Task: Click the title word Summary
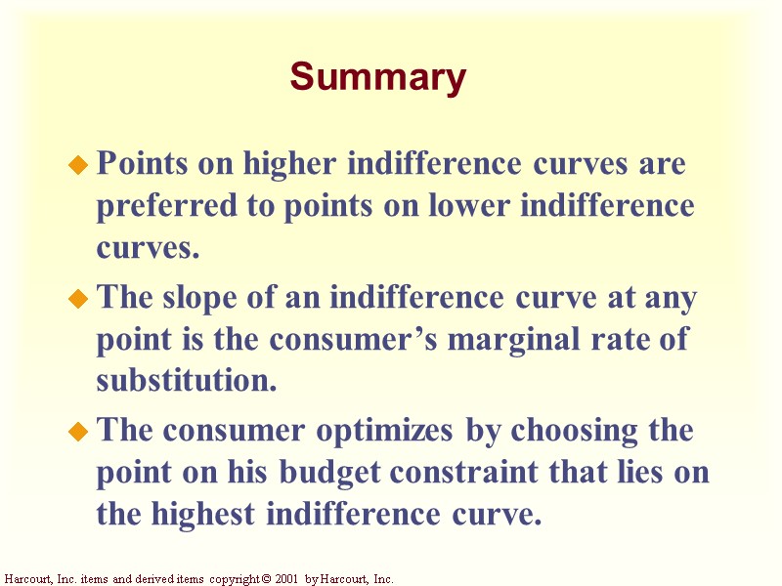[x=378, y=77]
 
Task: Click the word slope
[x=202, y=297]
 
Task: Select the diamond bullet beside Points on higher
[x=79, y=167]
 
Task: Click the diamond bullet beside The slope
[x=79, y=300]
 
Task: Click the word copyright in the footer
[x=232, y=579]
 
